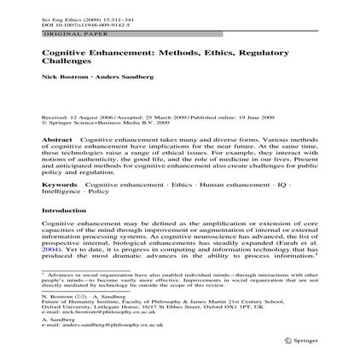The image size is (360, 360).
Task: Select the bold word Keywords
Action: point(58,183)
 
